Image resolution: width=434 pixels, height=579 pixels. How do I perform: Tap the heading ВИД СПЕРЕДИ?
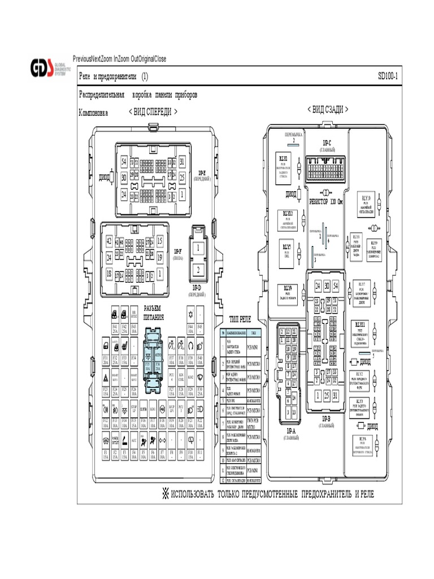pos(153,112)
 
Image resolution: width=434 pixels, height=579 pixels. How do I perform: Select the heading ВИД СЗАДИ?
pos(327,109)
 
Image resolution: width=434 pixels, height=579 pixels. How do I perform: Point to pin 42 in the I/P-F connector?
pos(109,240)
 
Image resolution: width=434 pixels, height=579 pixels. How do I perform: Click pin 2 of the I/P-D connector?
pos(198,269)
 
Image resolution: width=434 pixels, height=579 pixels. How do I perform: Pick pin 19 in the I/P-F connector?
pos(160,257)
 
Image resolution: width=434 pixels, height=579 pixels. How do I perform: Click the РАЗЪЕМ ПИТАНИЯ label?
pos(153,312)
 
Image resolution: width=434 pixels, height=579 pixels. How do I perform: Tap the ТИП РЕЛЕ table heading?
pos(240,319)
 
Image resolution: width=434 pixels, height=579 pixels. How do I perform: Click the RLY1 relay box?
pos(283,164)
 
